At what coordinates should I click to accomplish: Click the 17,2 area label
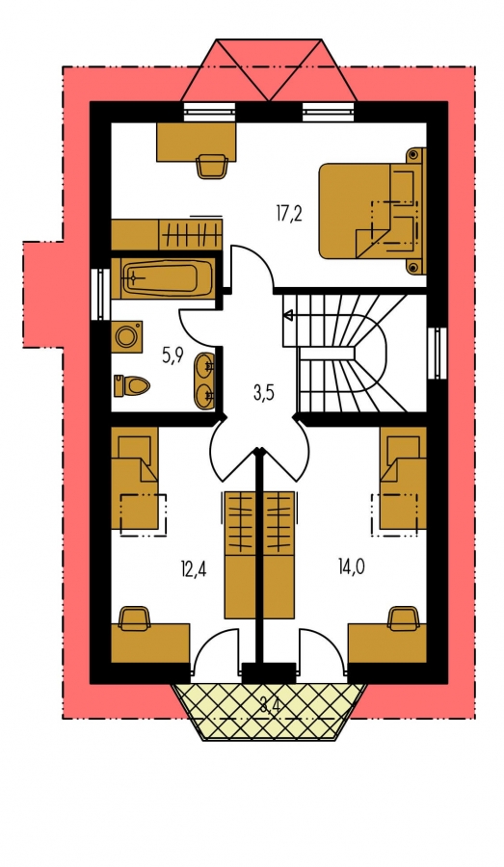point(289,213)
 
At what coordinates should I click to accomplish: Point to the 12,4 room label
point(194,568)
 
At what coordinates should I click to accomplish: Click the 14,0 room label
point(352,566)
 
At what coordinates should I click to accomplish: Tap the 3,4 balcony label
point(270,705)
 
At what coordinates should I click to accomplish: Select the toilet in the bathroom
point(130,385)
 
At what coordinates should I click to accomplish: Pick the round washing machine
point(126,335)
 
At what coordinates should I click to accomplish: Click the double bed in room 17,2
point(372,211)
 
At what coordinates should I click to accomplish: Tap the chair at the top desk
point(211,167)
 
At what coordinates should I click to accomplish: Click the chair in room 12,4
point(135,618)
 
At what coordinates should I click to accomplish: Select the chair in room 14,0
point(404,618)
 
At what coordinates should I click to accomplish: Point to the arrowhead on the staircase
point(288,316)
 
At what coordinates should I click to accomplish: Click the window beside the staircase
point(438,354)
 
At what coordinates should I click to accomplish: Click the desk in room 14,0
point(387,644)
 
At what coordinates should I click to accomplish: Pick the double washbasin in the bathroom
point(204,381)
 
